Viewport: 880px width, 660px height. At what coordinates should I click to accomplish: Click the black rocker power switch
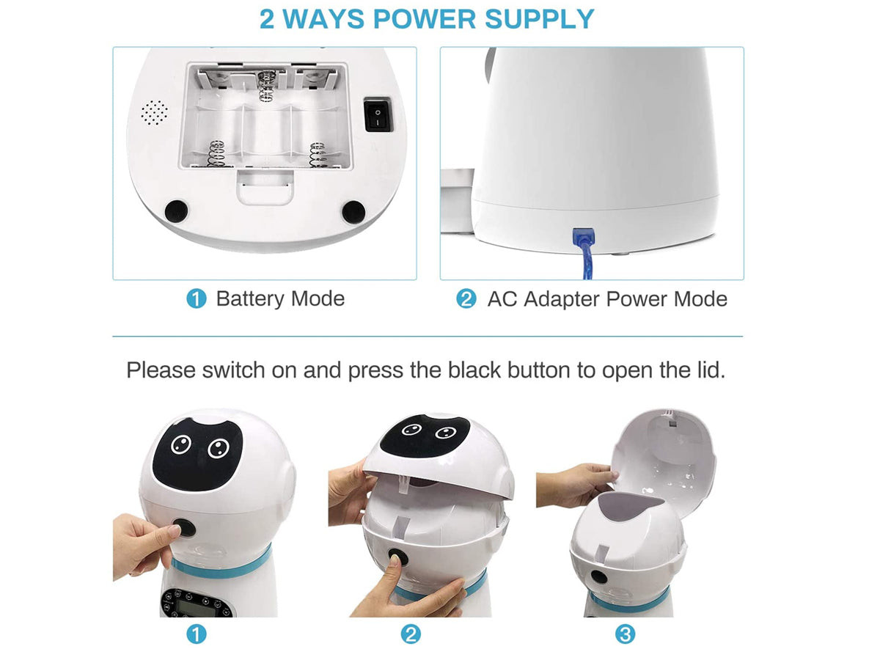[377, 115]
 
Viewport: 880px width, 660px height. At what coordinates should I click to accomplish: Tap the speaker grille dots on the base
[154, 113]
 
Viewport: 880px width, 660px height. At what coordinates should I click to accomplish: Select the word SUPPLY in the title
[539, 19]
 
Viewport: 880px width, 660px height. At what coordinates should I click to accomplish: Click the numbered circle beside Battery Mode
[196, 299]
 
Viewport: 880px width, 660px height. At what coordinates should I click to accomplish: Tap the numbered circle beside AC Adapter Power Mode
[466, 299]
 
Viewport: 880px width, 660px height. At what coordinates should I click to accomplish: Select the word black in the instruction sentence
[474, 370]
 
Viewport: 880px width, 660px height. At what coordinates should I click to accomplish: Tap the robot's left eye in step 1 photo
[181, 445]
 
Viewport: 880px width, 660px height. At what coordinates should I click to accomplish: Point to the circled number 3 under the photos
[625, 634]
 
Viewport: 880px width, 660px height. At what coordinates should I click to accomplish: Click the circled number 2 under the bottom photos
[411, 634]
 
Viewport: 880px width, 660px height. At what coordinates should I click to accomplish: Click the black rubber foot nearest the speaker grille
[177, 211]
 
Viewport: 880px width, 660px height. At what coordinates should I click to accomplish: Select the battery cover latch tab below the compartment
[265, 188]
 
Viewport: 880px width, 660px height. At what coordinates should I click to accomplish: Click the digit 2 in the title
[267, 19]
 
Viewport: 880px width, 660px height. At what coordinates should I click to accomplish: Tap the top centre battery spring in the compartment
[265, 86]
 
